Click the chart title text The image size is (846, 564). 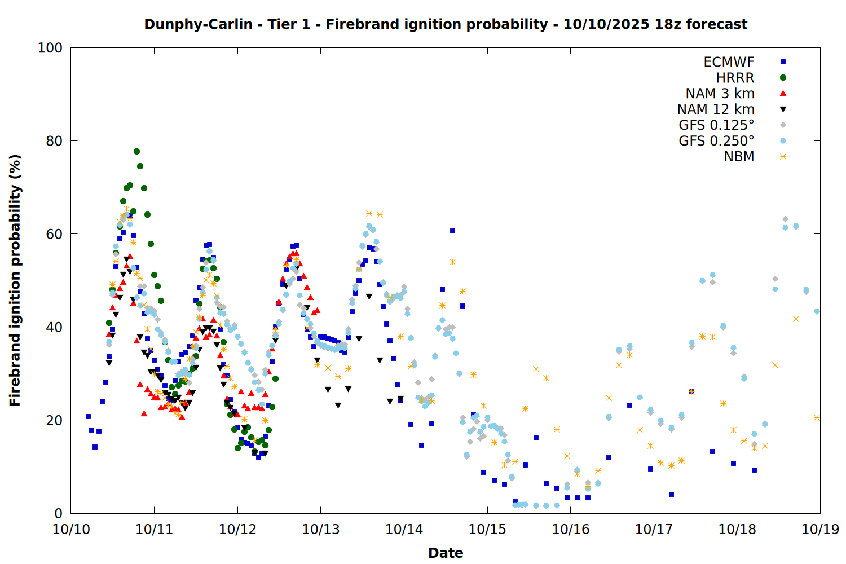pos(446,24)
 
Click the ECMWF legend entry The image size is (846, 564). pos(729,62)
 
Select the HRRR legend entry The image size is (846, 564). pos(735,78)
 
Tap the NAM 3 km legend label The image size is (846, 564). pos(720,94)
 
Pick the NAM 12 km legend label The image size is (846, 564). pos(716,109)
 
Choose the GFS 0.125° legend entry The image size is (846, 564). pos(716,125)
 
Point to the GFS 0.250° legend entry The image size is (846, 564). pos(716,141)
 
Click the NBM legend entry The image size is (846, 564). pos(739,157)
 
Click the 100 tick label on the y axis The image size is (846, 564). pos(50,48)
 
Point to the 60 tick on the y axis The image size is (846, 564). pos(54,234)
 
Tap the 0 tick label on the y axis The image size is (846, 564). pos(58,513)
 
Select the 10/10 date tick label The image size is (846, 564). pos(71,530)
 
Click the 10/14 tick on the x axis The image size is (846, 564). pos(404,530)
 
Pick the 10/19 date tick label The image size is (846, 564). pos(820,530)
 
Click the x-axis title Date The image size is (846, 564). pos(446,553)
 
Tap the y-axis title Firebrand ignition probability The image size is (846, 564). pos(15,280)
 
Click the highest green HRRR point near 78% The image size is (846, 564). pos(136,151)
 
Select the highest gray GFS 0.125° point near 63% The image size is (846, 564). pos(785,219)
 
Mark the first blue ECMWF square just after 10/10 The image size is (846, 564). pos(88,416)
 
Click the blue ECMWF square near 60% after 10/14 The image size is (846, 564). pos(452,231)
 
